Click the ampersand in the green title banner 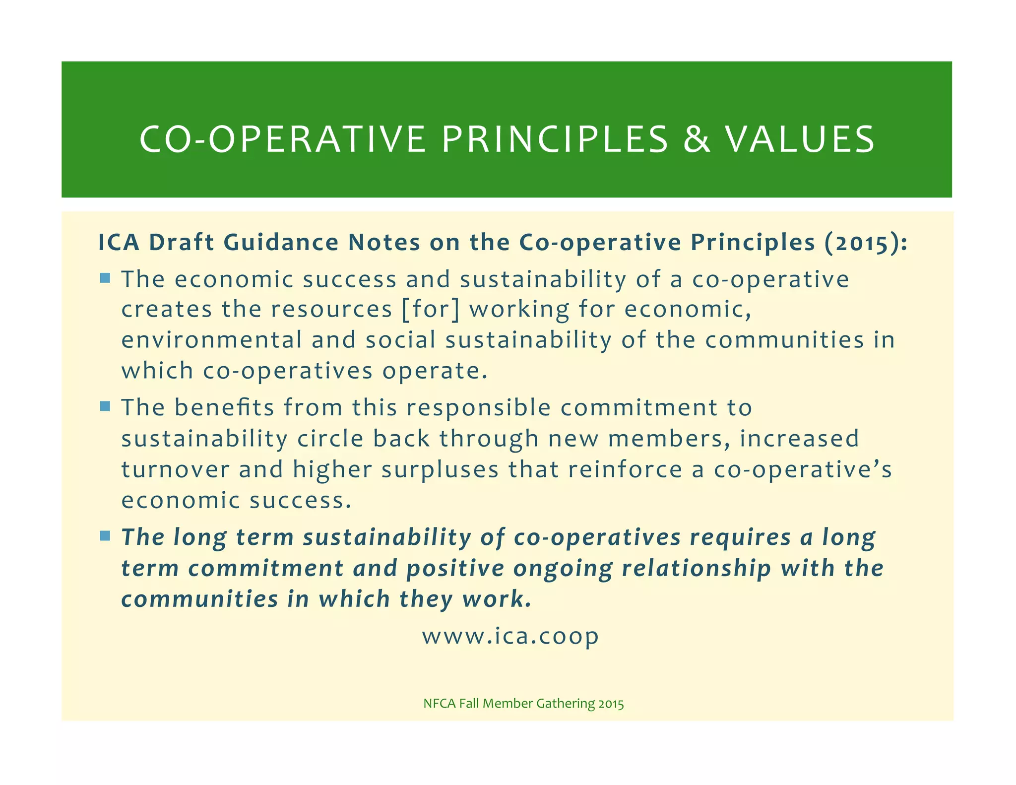click(697, 139)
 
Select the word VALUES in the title click(800, 139)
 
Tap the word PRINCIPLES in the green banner click(555, 139)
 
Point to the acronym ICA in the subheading click(119, 243)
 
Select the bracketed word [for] click(430, 309)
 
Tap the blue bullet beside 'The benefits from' click(105, 407)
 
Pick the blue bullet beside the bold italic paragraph click(105, 536)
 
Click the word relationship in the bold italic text click(696, 569)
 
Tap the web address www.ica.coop click(510, 636)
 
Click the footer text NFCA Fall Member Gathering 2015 click(523, 703)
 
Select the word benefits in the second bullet click(224, 408)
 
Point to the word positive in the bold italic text click(455, 569)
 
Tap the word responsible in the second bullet click(478, 408)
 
